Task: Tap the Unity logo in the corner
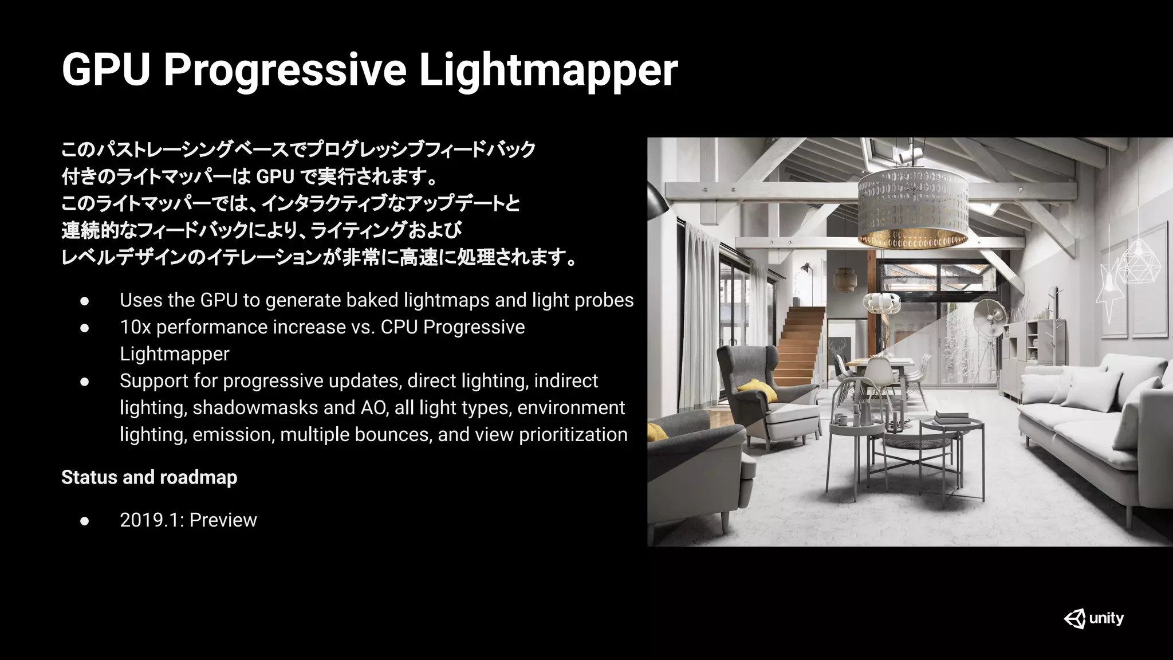pyautogui.click(x=1093, y=619)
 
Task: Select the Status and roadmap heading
pyautogui.click(x=149, y=477)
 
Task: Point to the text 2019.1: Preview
pyautogui.click(x=188, y=520)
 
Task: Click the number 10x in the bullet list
pyautogui.click(x=135, y=327)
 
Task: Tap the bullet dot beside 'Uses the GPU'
pyautogui.click(x=85, y=301)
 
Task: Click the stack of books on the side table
pyautogui.click(x=952, y=417)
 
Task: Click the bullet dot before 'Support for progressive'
pyautogui.click(x=85, y=381)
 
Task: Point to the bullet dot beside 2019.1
pyautogui.click(x=85, y=520)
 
